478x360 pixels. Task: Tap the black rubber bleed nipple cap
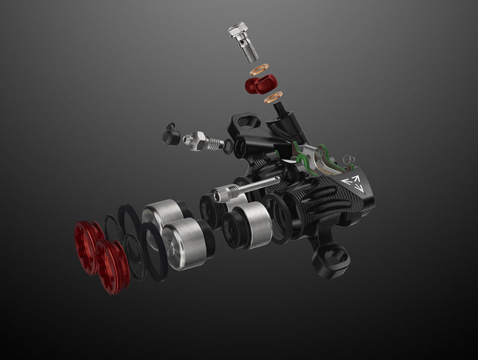(x=171, y=137)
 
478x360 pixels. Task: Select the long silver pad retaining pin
(x=245, y=189)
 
